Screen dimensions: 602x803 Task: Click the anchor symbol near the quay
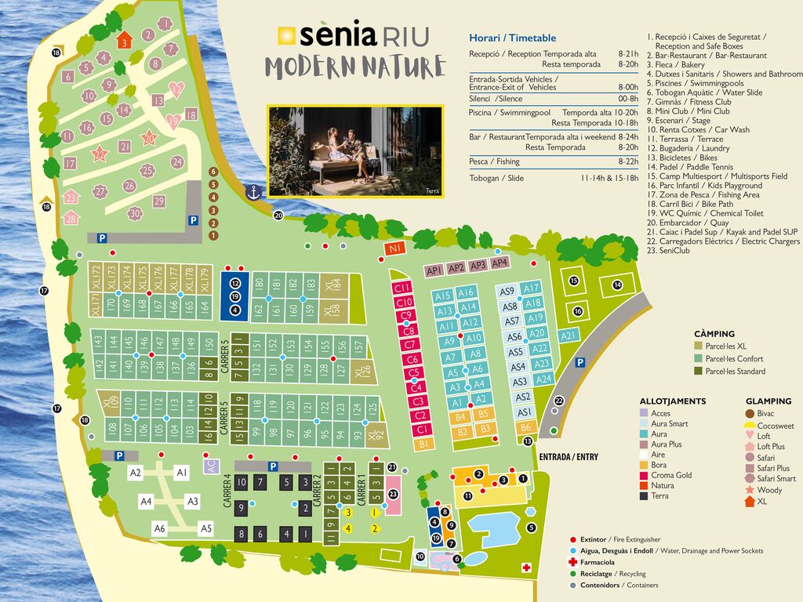[x=253, y=191]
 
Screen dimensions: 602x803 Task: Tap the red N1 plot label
[x=395, y=248]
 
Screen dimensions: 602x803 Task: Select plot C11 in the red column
[x=404, y=288]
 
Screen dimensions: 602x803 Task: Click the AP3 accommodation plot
[x=478, y=265]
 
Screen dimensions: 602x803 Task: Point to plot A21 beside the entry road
[x=569, y=335]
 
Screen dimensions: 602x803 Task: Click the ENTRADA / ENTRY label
[x=569, y=456]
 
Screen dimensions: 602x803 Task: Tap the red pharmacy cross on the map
[x=525, y=568]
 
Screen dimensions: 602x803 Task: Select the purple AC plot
[x=210, y=464]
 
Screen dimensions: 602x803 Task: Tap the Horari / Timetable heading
[x=512, y=38]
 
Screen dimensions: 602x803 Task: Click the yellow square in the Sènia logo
[x=287, y=36]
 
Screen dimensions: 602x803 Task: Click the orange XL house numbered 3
[x=124, y=41]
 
